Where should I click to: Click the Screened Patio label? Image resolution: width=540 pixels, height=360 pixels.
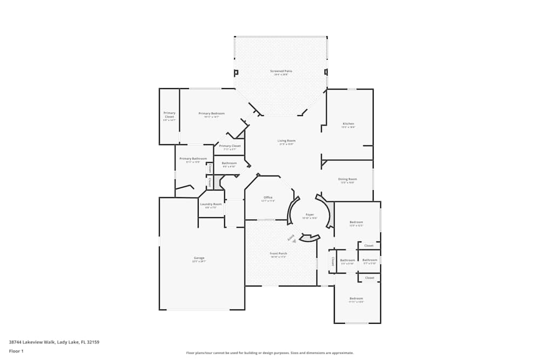click(x=281, y=71)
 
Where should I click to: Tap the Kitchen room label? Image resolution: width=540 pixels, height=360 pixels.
click(x=348, y=124)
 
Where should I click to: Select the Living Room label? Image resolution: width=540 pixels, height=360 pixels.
click(x=286, y=141)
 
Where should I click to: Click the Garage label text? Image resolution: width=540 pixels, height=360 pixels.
click(x=199, y=258)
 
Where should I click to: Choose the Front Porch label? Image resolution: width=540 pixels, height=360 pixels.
click(x=279, y=254)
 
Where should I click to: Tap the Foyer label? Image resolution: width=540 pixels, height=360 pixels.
click(x=309, y=215)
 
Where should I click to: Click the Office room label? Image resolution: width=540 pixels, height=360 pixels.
click(x=268, y=198)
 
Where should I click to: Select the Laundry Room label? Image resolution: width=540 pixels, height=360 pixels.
click(x=211, y=204)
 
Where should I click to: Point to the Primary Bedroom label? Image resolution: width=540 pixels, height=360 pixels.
click(x=211, y=113)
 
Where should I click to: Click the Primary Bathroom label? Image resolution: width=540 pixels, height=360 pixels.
click(x=193, y=159)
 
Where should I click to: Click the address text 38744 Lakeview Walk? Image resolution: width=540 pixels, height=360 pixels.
click(x=54, y=342)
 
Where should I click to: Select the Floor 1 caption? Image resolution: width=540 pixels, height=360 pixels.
click(x=16, y=351)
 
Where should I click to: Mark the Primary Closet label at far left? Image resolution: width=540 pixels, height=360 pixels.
click(x=170, y=115)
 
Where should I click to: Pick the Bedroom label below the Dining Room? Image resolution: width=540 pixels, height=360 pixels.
click(x=356, y=222)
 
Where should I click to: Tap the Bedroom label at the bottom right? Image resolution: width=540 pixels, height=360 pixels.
click(x=356, y=298)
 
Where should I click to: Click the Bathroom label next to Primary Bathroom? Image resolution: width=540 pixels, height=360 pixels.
click(x=229, y=163)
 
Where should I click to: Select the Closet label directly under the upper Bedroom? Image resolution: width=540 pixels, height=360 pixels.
click(x=369, y=246)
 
